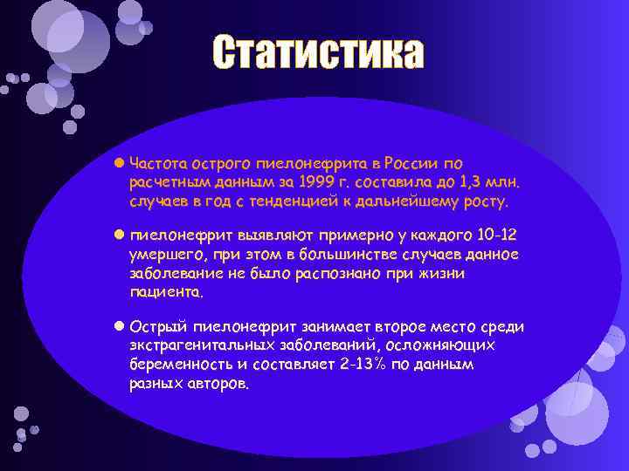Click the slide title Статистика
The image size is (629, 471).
click(318, 54)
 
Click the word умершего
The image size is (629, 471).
click(163, 255)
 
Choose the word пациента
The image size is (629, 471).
click(165, 293)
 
